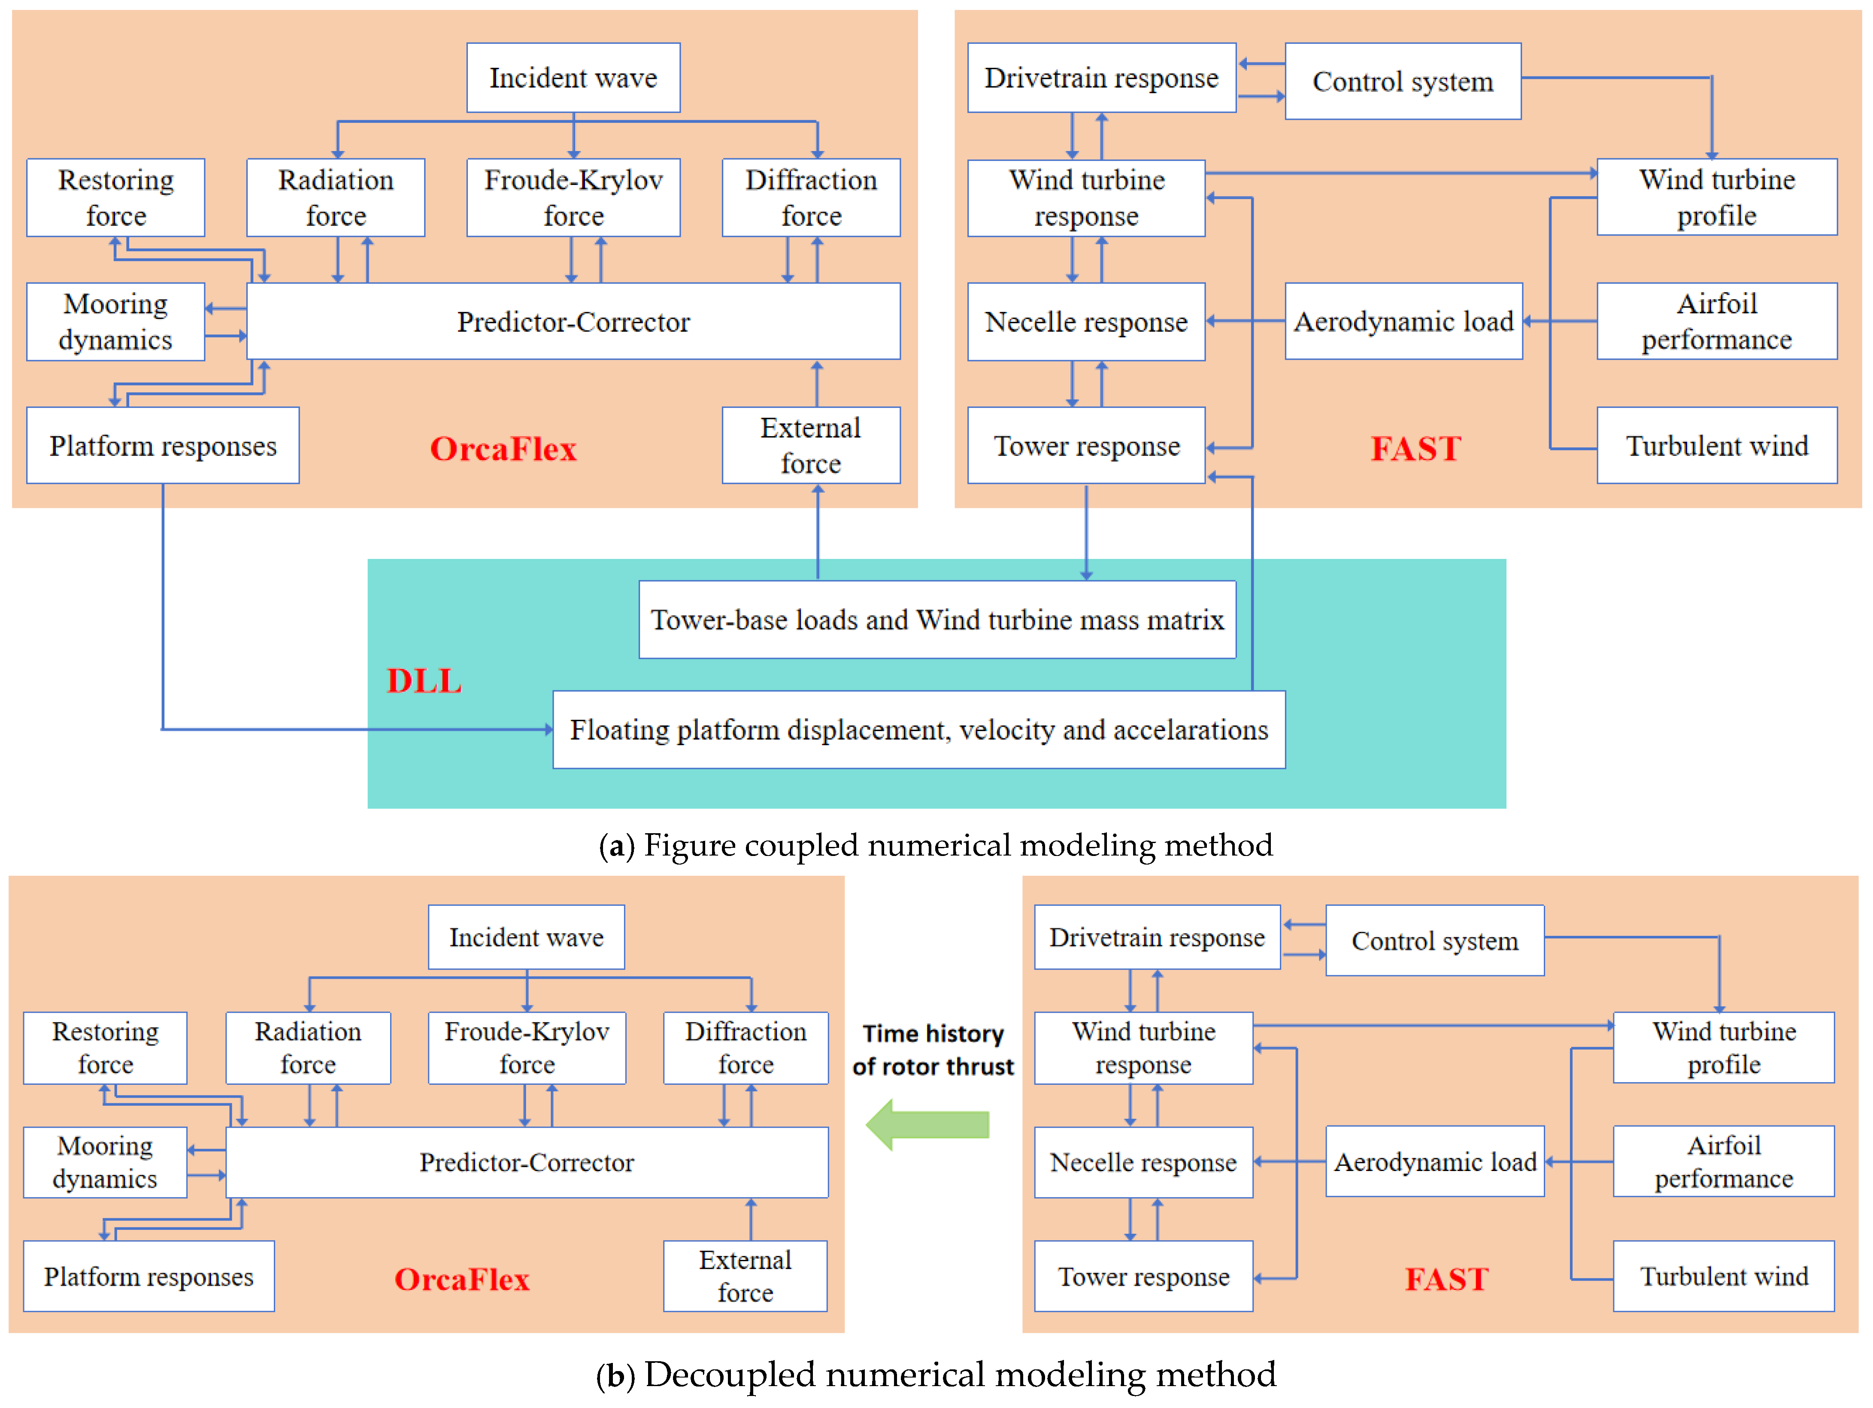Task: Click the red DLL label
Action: click(424, 681)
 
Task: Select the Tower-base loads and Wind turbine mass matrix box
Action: click(937, 620)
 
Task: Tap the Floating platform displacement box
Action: click(919, 730)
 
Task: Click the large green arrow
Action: click(927, 1124)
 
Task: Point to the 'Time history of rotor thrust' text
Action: click(933, 1050)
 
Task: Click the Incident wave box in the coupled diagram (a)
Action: click(573, 78)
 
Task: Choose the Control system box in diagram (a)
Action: click(1403, 81)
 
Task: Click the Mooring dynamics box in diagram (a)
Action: click(116, 322)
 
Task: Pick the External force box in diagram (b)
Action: click(745, 1276)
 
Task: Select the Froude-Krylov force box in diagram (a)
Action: click(573, 197)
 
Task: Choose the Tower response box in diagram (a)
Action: click(1086, 445)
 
